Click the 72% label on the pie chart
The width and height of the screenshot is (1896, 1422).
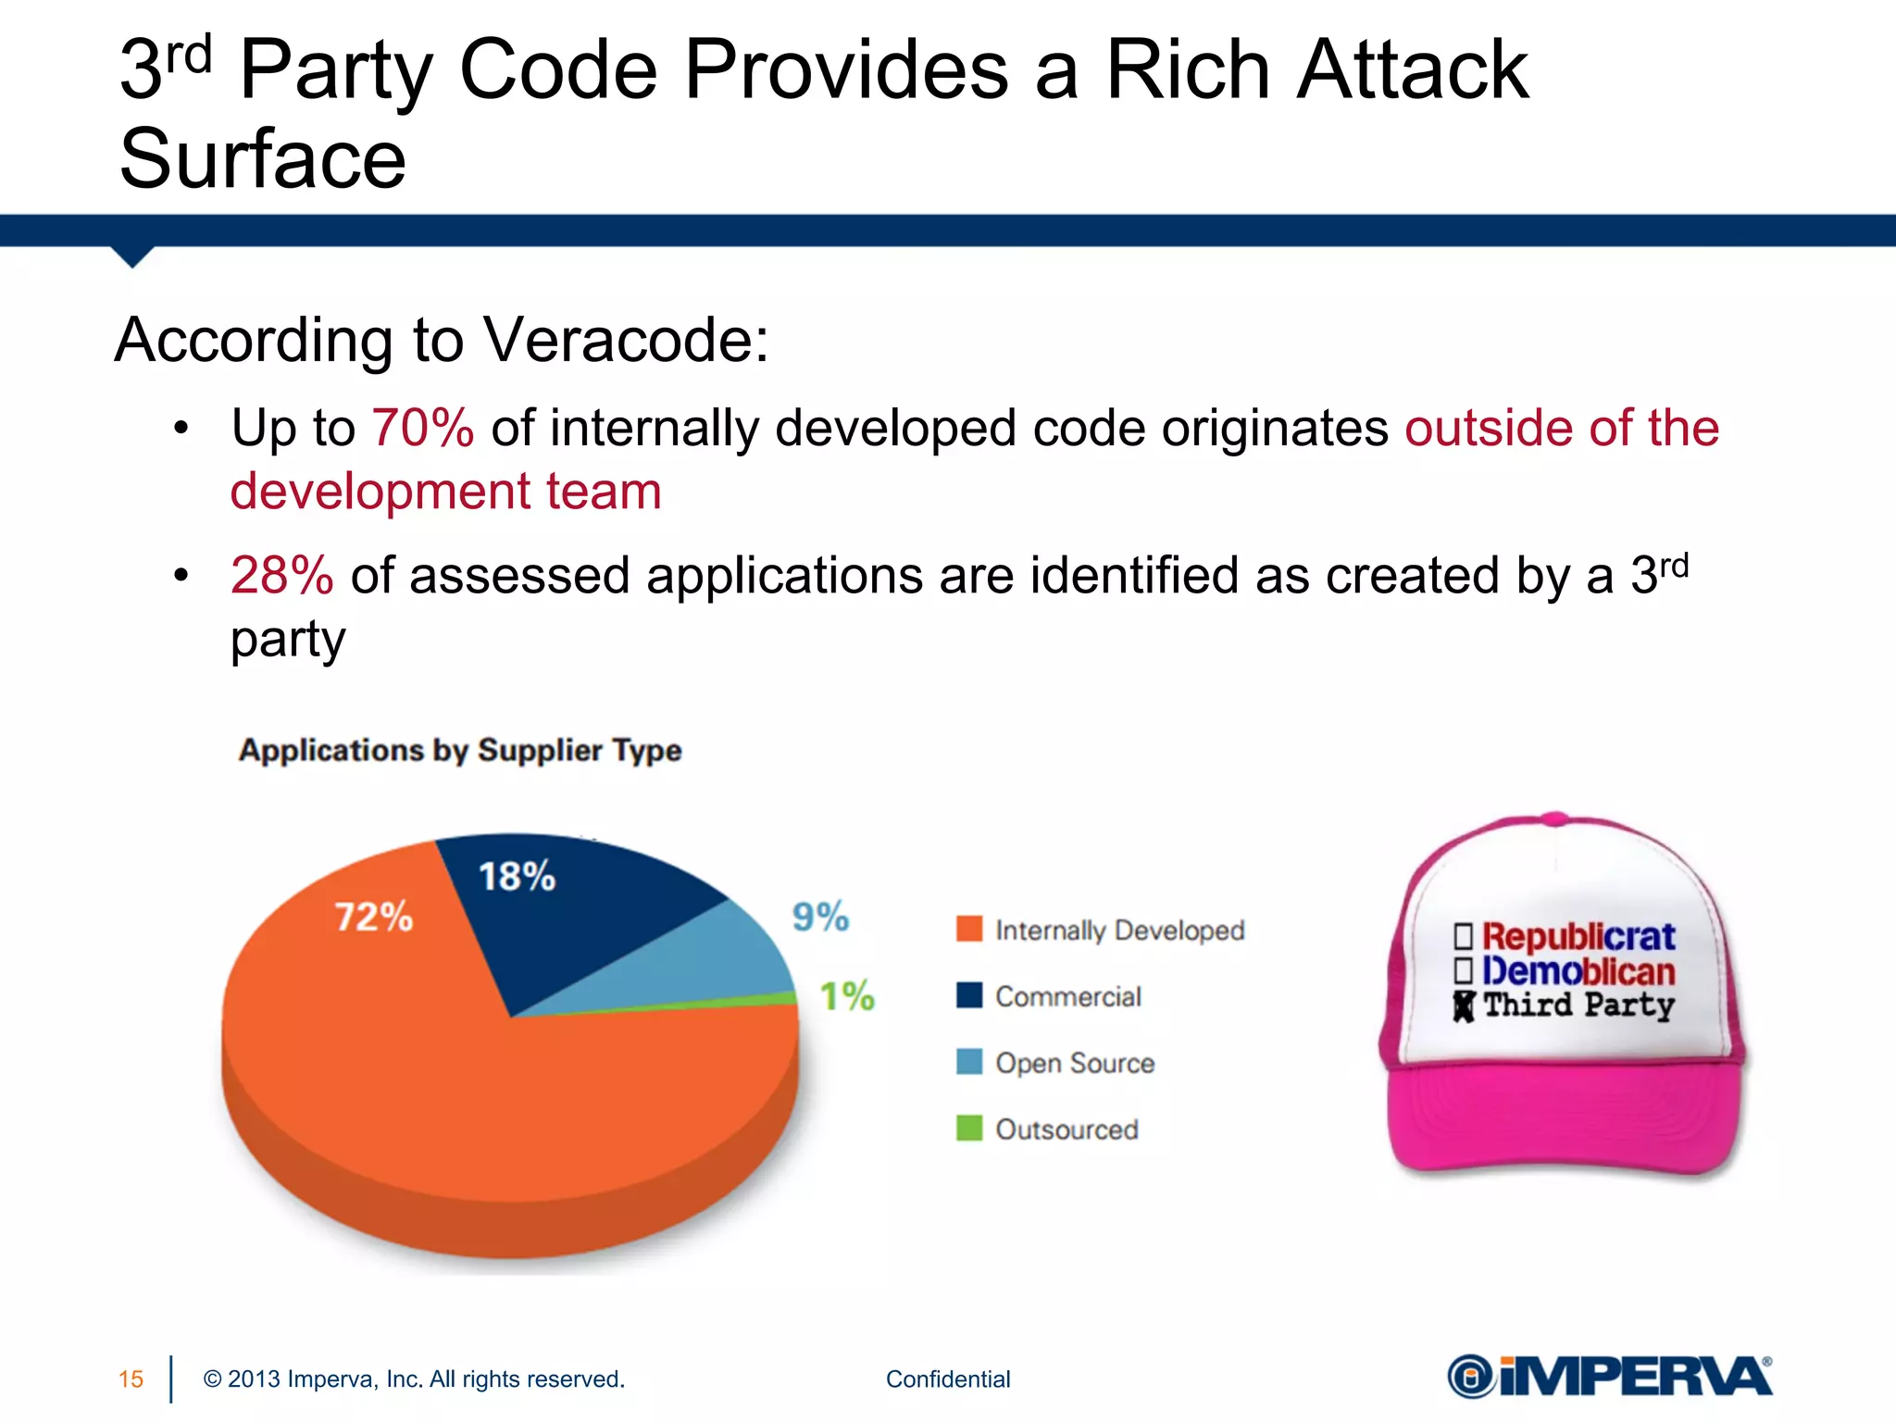click(373, 917)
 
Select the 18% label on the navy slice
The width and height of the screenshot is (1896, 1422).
click(517, 876)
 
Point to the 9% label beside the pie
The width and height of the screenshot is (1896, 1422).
click(820, 917)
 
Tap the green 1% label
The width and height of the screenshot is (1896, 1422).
click(847, 996)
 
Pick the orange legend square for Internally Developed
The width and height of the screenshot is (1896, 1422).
click(968, 929)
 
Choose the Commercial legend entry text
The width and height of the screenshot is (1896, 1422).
click(1067, 996)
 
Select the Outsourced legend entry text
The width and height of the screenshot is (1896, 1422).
click(1066, 1129)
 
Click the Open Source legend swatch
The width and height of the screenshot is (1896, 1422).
click(968, 1062)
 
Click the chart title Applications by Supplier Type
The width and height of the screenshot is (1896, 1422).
click(460, 750)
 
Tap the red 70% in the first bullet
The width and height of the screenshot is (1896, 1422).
click(423, 428)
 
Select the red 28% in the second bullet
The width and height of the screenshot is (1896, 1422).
click(281, 575)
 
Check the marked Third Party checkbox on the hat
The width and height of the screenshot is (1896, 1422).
click(1463, 1007)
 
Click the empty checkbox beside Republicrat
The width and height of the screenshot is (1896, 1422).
click(1463, 936)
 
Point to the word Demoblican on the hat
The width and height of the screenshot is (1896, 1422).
click(1578, 971)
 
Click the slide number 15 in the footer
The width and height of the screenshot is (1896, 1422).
click(131, 1379)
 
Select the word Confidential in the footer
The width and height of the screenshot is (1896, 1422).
click(948, 1379)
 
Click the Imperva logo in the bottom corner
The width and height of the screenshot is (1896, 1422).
click(1609, 1377)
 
